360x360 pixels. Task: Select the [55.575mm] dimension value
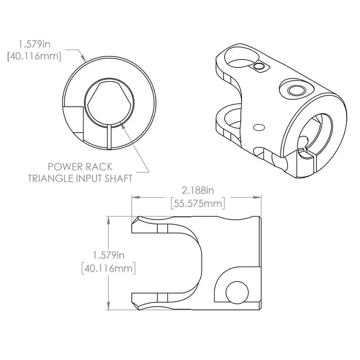197,203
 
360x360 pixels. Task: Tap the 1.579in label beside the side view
109,255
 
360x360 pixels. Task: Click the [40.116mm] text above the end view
34,56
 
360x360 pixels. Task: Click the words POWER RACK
80,167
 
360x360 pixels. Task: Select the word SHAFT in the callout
118,178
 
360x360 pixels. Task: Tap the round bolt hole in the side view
237,291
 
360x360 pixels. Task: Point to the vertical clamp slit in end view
109,137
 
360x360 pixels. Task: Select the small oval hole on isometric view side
258,127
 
